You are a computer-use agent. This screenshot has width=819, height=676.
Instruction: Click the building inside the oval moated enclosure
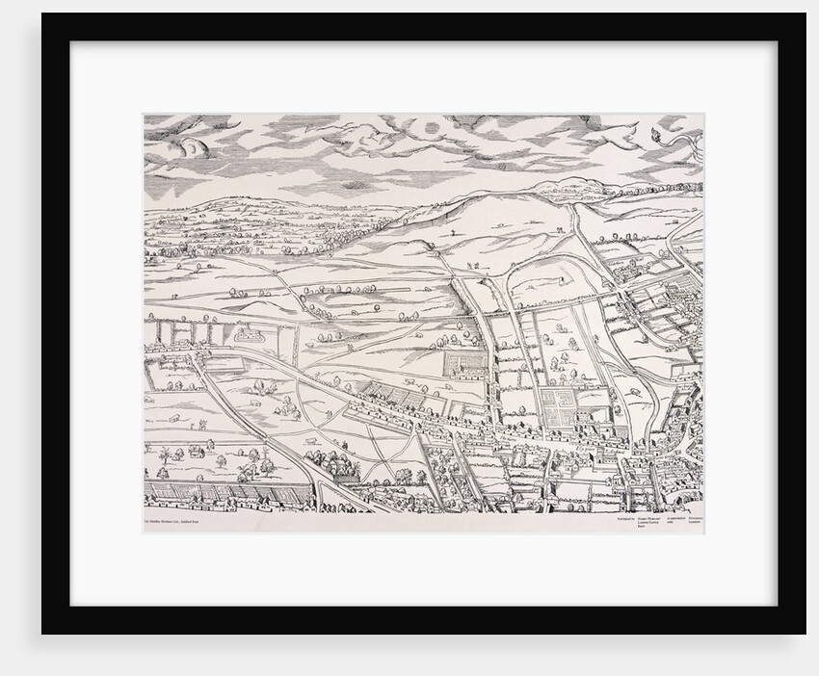[253, 337]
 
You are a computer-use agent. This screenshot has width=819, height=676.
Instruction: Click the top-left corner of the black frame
[43, 15]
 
